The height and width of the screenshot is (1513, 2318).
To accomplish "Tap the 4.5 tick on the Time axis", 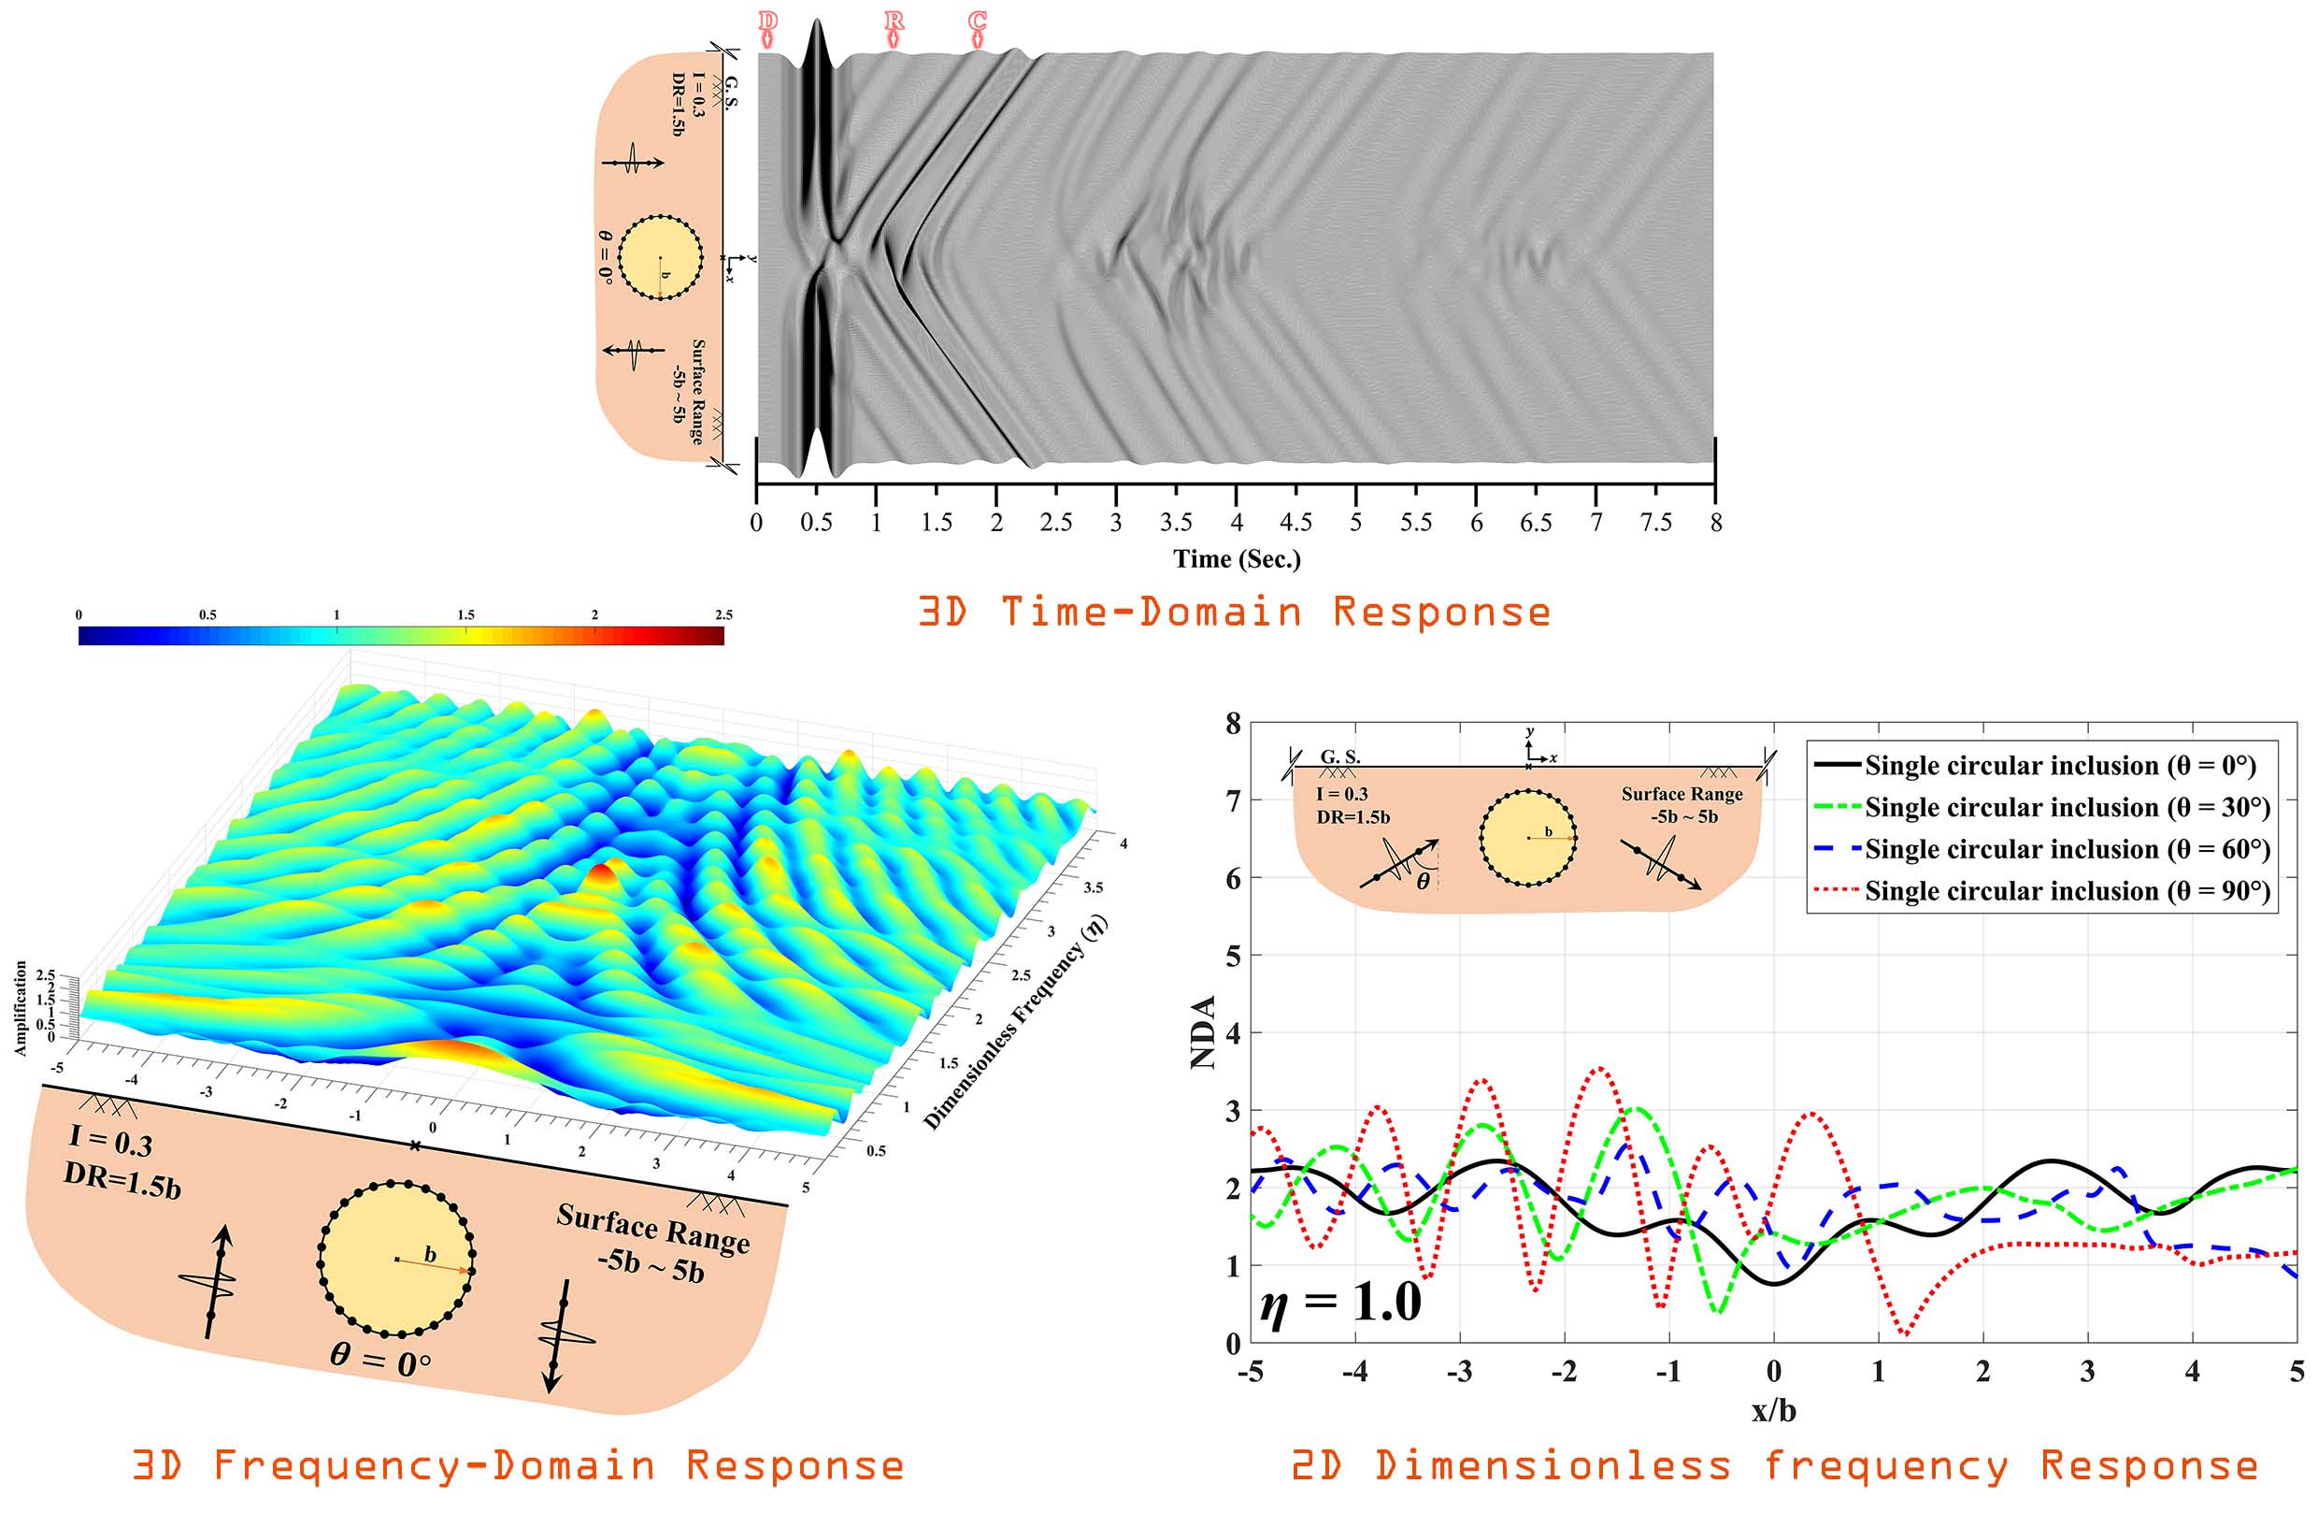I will pyautogui.click(x=1295, y=522).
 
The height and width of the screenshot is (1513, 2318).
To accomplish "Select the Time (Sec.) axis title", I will pyautogui.click(x=1237, y=559).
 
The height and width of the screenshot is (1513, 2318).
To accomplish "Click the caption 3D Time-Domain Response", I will pyautogui.click(x=1235, y=612).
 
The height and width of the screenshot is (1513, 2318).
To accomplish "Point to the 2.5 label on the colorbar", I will pyautogui.click(x=723, y=614).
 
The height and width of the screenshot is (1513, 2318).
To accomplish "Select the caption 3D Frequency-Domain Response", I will pyautogui.click(x=518, y=1465).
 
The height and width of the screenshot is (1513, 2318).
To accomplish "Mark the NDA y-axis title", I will pyautogui.click(x=1205, y=1032).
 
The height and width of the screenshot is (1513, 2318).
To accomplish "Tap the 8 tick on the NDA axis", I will pyautogui.click(x=1233, y=724).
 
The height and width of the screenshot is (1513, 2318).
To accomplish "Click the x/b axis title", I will pyautogui.click(x=1774, y=1410).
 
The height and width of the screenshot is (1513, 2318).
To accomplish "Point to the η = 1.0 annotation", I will pyautogui.click(x=1340, y=1304).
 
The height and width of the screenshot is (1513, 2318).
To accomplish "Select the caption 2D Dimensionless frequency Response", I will pyautogui.click(x=1775, y=1465).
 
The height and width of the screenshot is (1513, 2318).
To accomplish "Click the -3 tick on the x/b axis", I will pyautogui.click(x=1459, y=1372).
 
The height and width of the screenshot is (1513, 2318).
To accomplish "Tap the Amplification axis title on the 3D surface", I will pyautogui.click(x=21, y=1008).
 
